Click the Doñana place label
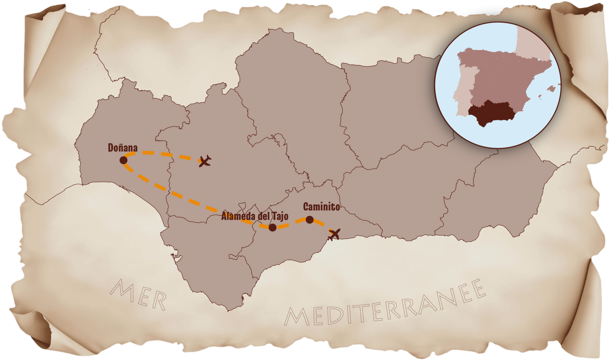tap(123, 148)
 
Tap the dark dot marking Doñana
tap(123, 160)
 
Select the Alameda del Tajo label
tap(255, 217)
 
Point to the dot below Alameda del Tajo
tap(272, 227)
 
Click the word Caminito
tap(321, 207)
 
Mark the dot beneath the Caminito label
tap(309, 219)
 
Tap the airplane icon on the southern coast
tap(334, 234)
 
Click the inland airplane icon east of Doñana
tap(205, 161)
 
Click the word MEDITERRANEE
tap(385, 306)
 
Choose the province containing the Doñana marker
tap(119, 131)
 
